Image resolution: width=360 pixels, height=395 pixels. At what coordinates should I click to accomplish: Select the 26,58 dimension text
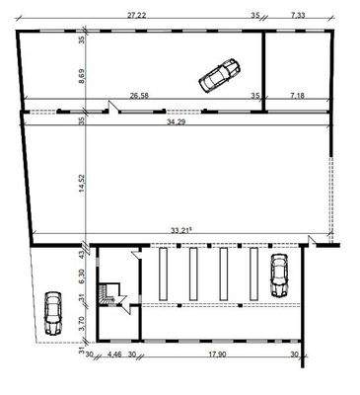[143, 97]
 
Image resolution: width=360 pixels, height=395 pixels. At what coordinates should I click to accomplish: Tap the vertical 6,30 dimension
[85, 274]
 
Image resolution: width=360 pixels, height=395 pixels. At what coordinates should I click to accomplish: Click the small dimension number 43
[85, 254]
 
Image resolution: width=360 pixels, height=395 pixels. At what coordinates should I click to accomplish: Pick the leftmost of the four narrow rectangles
[162, 274]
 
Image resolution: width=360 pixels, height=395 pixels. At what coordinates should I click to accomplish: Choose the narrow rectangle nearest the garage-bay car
[253, 274]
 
